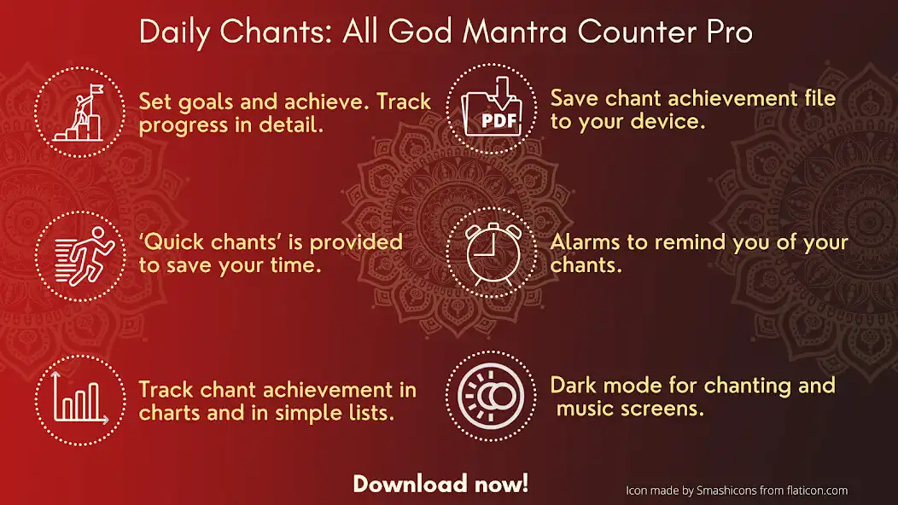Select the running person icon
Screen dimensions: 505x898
79,253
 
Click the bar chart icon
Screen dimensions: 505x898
79,398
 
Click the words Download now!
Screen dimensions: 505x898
440,485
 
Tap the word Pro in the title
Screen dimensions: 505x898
728,32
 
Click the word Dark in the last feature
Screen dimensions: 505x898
573,386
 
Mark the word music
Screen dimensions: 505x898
589,409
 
